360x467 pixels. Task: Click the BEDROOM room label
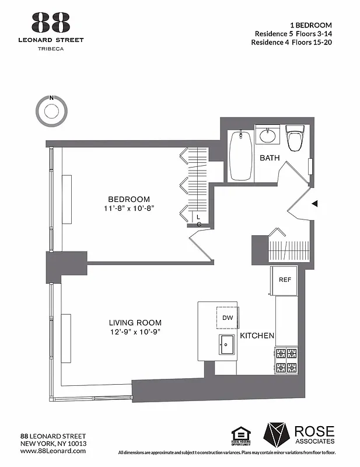click(129, 199)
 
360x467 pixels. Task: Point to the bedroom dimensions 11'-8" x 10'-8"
click(129, 208)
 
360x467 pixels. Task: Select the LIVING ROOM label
click(135, 323)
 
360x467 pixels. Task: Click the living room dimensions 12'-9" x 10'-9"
click(135, 332)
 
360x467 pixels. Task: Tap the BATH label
click(270, 158)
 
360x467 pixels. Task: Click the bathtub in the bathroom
click(240, 156)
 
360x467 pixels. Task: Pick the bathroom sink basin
click(267, 136)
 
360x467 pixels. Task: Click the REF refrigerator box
click(285, 280)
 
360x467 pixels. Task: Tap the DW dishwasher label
click(228, 318)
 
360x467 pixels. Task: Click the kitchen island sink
click(226, 346)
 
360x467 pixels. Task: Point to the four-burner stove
click(286, 360)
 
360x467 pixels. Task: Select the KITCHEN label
click(257, 336)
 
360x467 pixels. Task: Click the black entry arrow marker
click(314, 203)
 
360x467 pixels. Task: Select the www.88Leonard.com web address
click(53, 451)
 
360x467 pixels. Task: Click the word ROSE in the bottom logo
click(314, 431)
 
